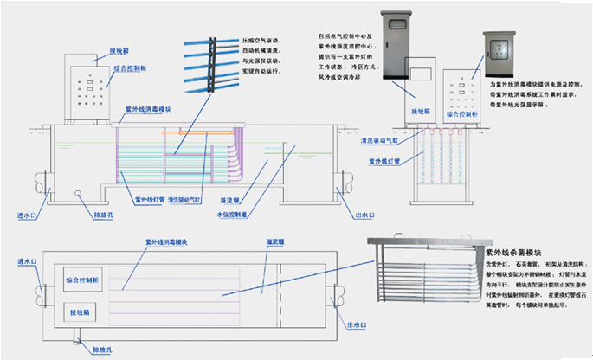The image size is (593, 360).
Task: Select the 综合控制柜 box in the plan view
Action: click(83, 281)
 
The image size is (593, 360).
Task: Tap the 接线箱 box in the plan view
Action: click(82, 312)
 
